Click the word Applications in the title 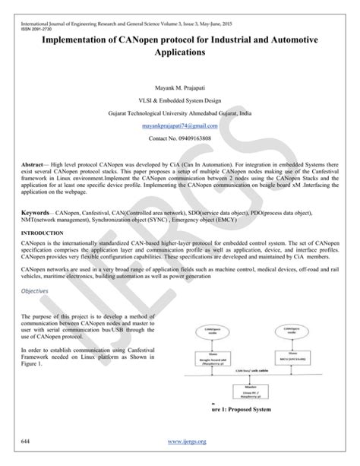pos(179,54)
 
